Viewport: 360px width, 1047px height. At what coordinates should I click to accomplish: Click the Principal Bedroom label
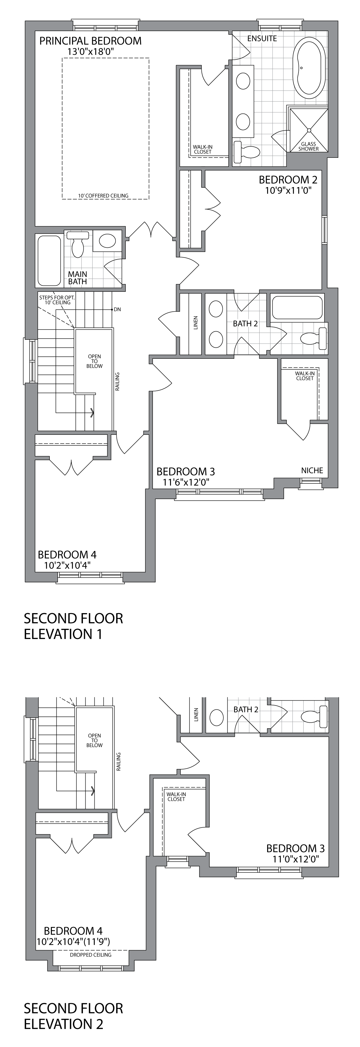90,41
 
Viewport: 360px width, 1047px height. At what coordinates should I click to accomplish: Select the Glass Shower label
308,146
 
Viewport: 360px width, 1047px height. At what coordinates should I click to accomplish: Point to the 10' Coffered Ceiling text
103,196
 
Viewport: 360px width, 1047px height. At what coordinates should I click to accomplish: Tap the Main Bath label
77,278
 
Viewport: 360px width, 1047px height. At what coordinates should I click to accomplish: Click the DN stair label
117,309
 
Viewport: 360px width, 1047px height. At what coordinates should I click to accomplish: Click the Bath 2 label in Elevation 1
245,323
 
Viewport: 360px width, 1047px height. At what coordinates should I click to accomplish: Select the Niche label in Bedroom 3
312,470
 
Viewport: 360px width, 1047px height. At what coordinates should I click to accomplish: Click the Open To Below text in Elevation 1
94,361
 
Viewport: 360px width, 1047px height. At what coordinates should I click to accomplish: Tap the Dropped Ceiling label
91,955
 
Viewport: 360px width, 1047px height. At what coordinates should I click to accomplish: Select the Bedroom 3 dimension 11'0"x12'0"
295,859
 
